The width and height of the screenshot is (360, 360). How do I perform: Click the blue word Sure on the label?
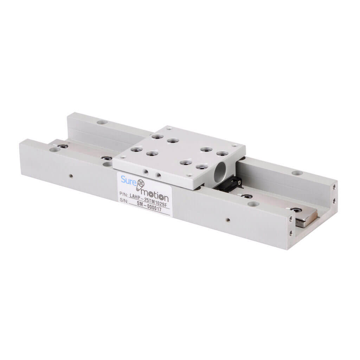(128, 180)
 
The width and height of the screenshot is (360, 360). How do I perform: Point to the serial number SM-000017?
(149, 206)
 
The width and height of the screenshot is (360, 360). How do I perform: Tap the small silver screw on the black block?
(239, 182)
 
